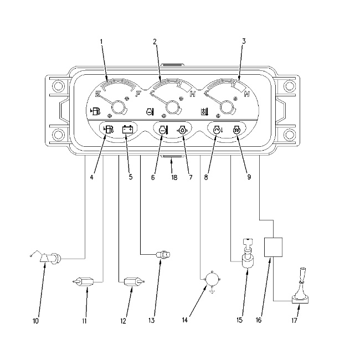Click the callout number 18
[x=174, y=177]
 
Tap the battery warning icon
[x=127, y=130]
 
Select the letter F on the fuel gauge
[x=138, y=94]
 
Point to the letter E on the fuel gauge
[x=98, y=94]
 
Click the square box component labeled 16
[x=274, y=247]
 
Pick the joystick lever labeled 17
[x=301, y=286]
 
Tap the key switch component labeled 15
[x=247, y=254]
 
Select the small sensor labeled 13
[x=163, y=255]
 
